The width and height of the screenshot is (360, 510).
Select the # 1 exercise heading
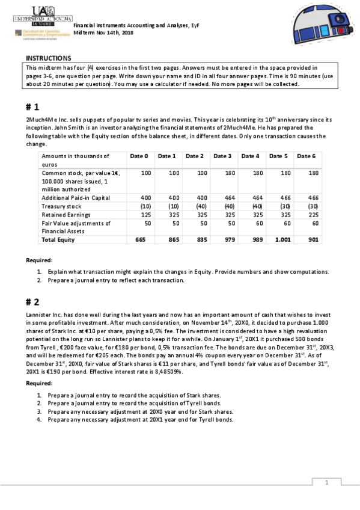point(32,107)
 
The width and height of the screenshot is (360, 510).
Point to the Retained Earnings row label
point(66,215)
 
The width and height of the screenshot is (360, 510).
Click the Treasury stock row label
point(61,206)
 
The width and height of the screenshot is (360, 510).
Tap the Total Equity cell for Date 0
point(141,240)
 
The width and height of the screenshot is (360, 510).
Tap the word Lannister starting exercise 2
point(38,315)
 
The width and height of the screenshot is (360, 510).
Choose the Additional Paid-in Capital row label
point(75,198)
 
